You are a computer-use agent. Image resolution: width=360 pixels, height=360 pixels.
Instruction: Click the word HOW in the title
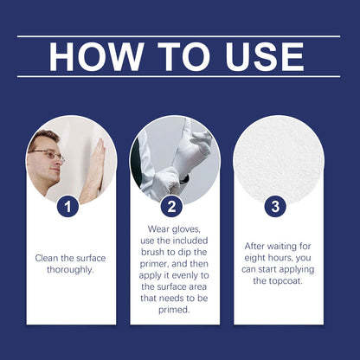point(96,57)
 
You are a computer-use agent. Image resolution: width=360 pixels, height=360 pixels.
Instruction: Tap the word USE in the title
point(265,57)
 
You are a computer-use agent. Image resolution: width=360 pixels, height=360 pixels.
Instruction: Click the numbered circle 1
point(67,207)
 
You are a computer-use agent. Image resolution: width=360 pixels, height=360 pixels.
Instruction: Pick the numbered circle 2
point(171,207)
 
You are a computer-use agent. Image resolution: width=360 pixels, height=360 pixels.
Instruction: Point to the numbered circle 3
point(275,207)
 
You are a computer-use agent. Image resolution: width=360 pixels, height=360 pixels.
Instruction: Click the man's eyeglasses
point(48,155)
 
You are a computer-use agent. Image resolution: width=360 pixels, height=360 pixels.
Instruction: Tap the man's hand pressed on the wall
point(96,166)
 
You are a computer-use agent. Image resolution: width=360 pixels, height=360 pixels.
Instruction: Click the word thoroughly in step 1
point(70,270)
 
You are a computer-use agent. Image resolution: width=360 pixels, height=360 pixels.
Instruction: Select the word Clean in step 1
point(47,258)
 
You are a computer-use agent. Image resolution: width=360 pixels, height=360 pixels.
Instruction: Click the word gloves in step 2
point(186,229)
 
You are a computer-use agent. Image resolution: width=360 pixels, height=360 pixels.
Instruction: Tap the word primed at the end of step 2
point(174,310)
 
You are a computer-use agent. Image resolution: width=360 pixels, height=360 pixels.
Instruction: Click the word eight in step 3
point(254,258)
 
